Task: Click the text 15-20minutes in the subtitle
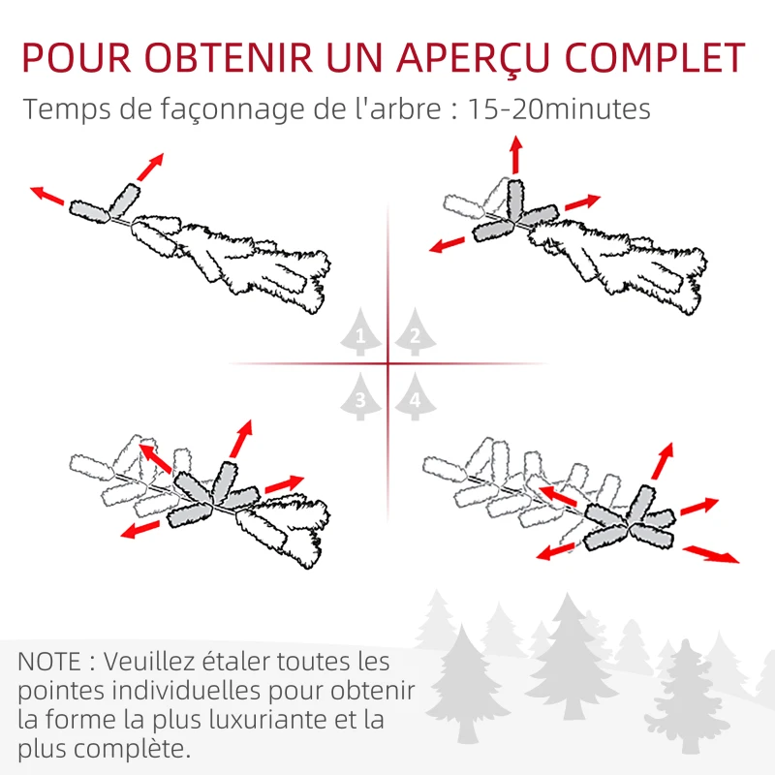559,109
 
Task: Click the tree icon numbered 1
360,335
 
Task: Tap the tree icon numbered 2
415,335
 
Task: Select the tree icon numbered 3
360,397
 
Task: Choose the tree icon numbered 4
415,397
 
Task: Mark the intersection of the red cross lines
387,364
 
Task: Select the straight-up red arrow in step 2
515,154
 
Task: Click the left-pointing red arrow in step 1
47,196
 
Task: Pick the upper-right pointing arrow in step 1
150,167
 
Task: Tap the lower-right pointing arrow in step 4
711,554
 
